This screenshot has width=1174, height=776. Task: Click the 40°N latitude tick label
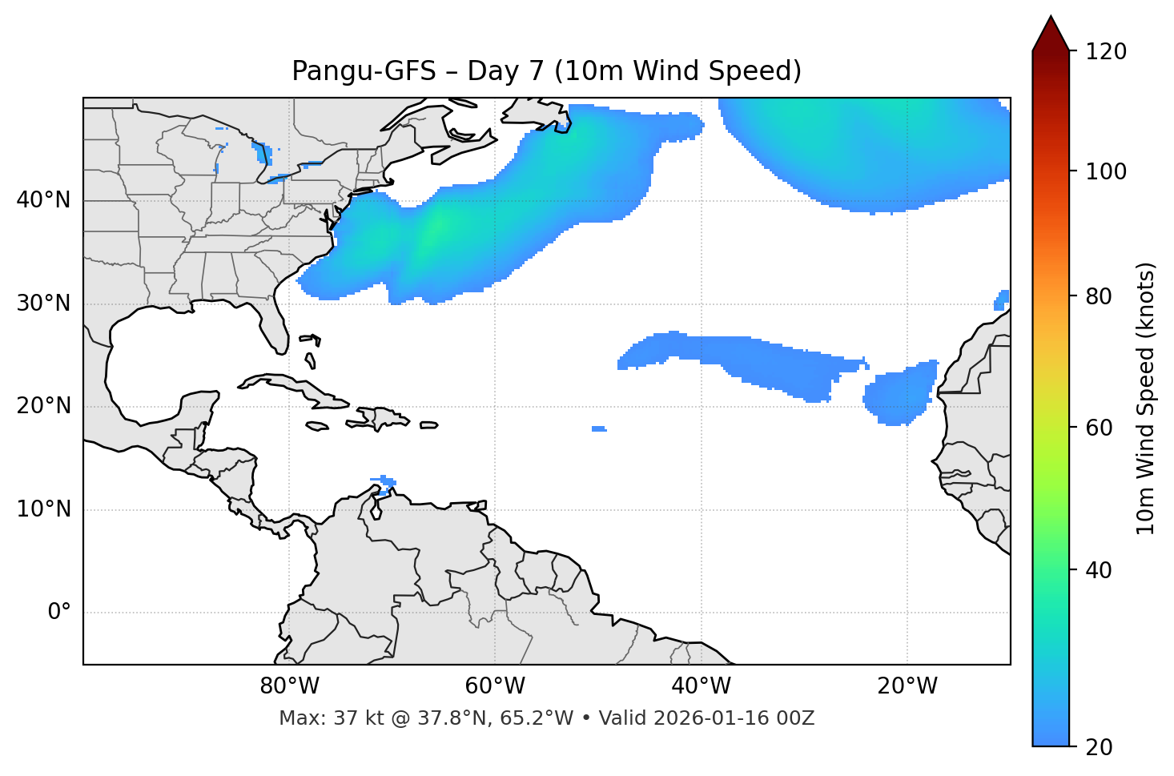click(43, 200)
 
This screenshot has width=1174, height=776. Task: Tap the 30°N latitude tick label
click(43, 304)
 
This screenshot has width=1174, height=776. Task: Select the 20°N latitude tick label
click(43, 406)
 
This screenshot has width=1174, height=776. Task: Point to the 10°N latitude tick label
click(43, 509)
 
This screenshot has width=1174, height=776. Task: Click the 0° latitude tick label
click(59, 613)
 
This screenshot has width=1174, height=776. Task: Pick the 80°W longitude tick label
click(289, 686)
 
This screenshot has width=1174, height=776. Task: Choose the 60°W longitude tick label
click(495, 686)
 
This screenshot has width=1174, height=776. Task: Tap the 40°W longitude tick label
click(701, 686)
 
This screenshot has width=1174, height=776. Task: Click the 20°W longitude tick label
click(907, 686)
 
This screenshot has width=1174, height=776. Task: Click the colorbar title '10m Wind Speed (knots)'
click(1146, 398)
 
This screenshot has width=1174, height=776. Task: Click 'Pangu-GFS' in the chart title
click(364, 71)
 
